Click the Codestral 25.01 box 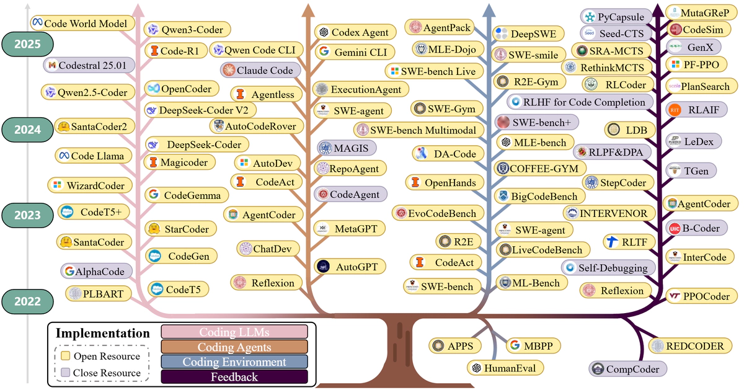pyautogui.click(x=87, y=64)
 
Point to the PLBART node pyautogui.click(x=96, y=293)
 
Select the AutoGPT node pyautogui.click(x=351, y=267)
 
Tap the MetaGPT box pyautogui.click(x=351, y=228)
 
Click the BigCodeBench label pyautogui.click(x=538, y=197)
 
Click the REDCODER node pyautogui.click(x=689, y=345)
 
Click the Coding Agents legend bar pyautogui.click(x=234, y=347)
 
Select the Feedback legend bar pyautogui.click(x=234, y=376)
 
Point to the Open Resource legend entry pyautogui.click(x=99, y=357)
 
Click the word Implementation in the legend pyautogui.click(x=103, y=334)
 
